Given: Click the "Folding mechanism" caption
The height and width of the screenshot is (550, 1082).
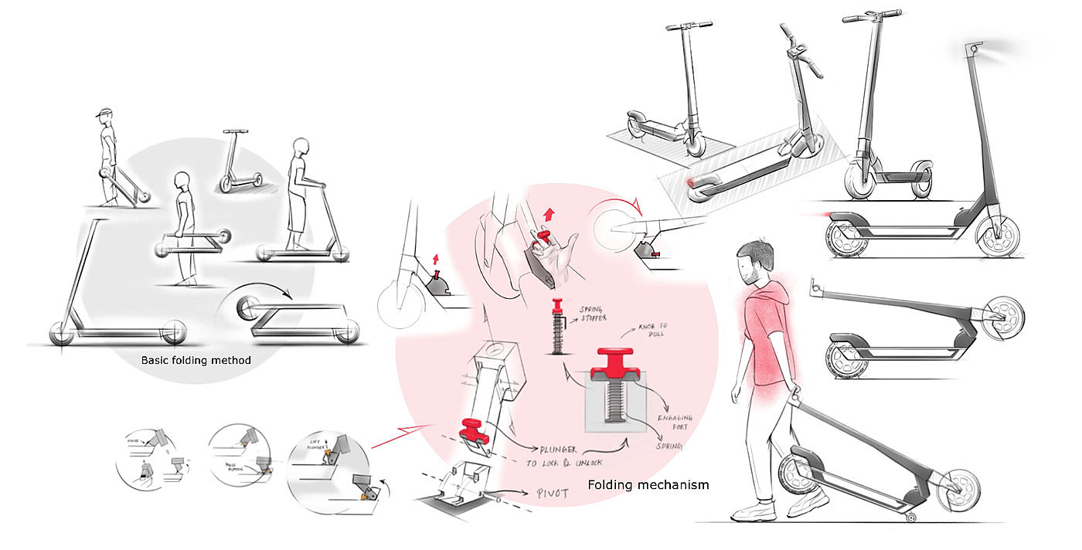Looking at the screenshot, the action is [x=648, y=485].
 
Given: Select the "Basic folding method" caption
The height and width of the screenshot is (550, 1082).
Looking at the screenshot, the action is [x=196, y=360].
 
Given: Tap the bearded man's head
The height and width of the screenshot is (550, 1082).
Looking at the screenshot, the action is [x=753, y=260].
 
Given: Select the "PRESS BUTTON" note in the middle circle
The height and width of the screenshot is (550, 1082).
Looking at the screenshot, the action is [x=232, y=467].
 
